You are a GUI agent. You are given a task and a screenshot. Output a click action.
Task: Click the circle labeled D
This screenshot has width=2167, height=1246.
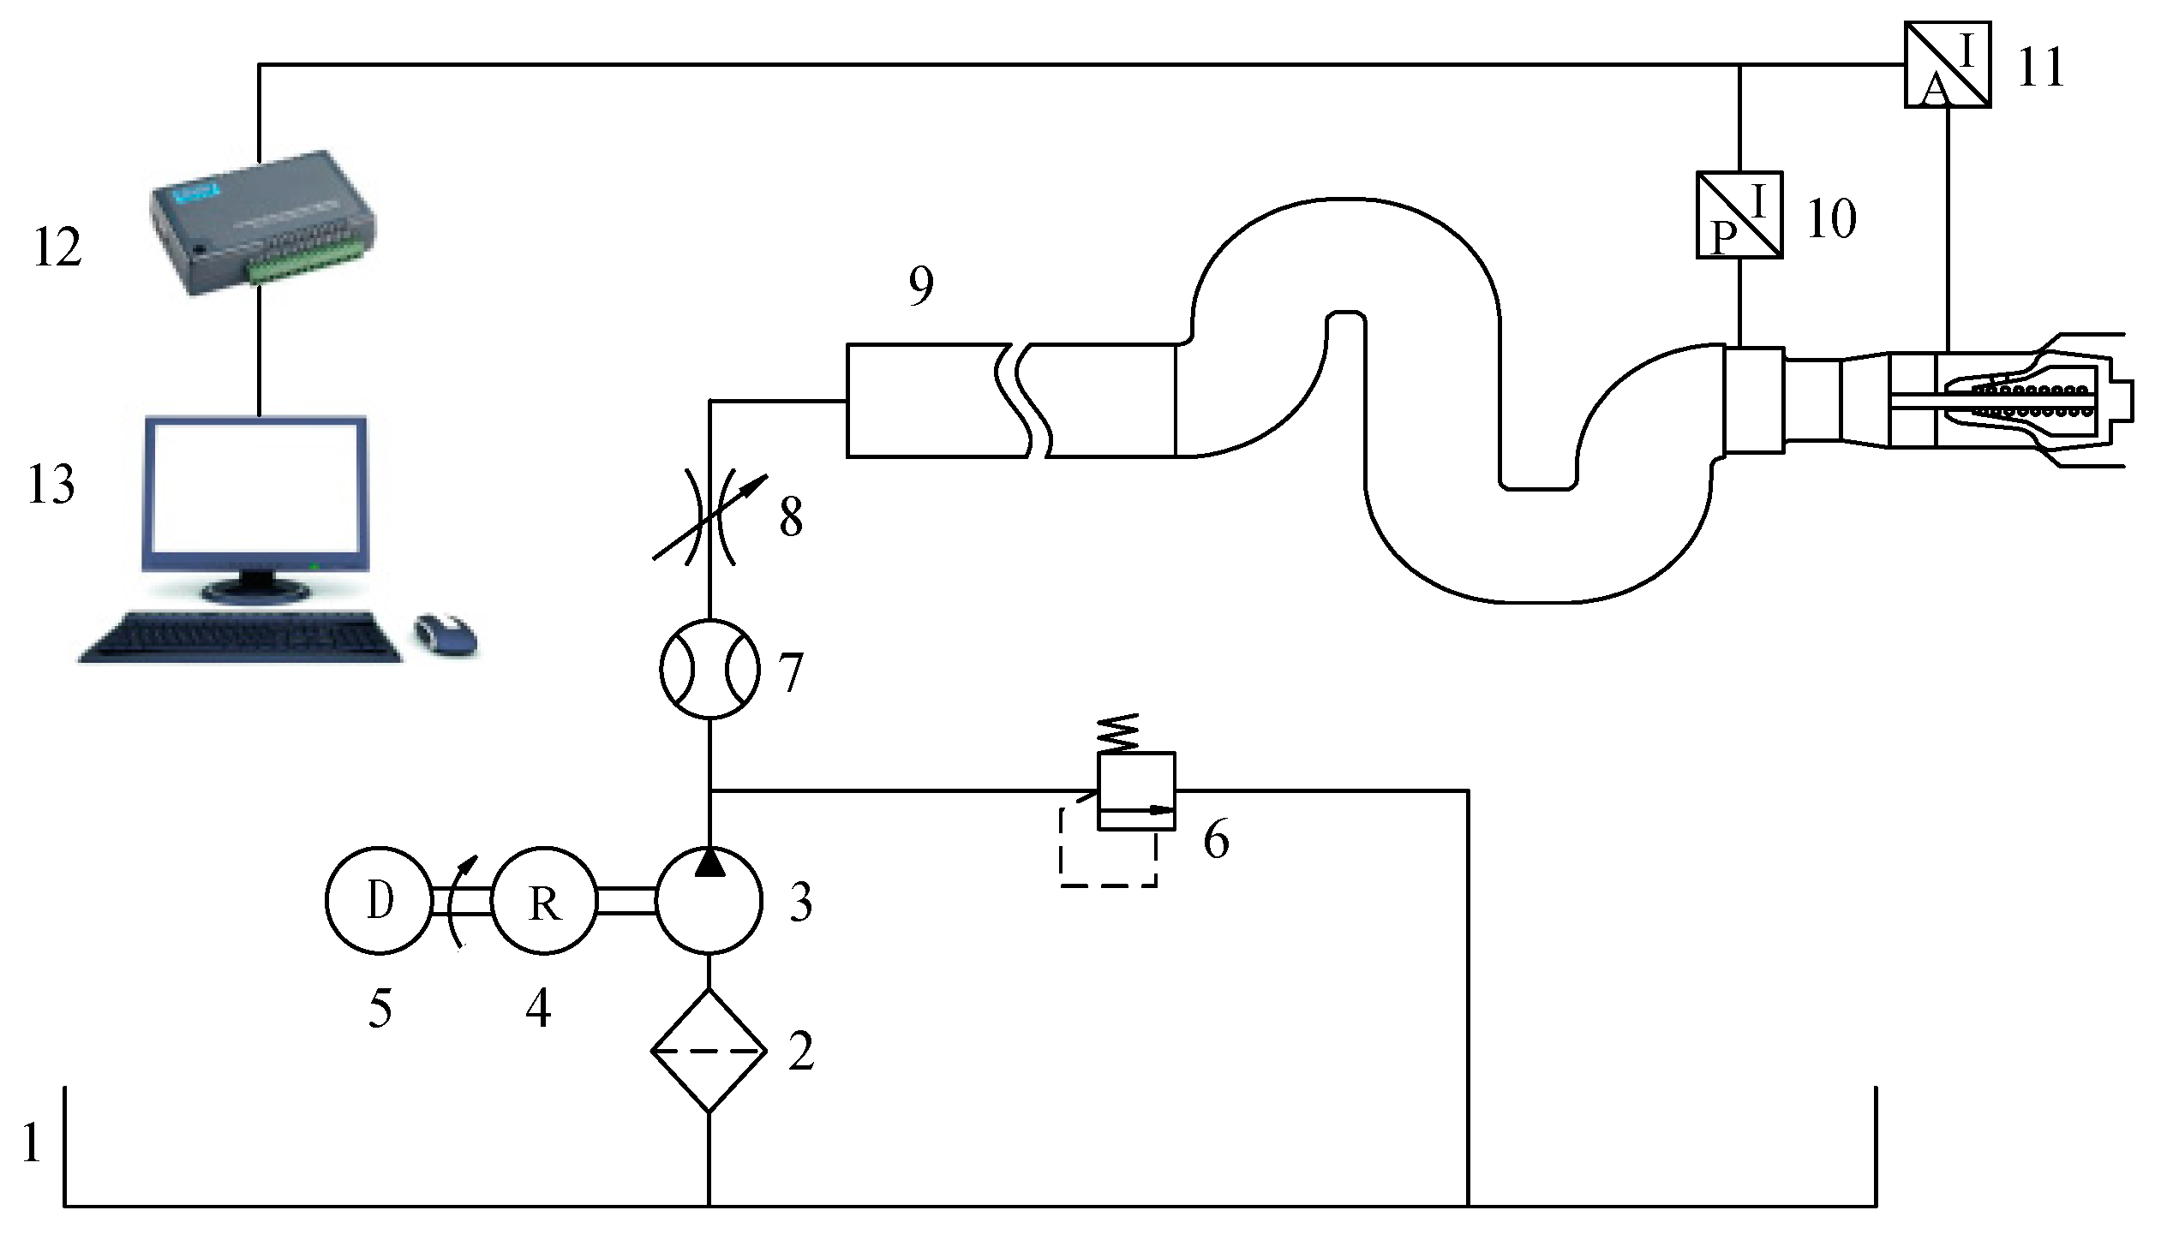point(379,900)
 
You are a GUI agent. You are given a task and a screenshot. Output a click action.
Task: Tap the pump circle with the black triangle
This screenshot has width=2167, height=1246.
point(709,900)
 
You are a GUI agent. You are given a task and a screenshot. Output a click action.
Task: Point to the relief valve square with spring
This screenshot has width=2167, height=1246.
point(1136,790)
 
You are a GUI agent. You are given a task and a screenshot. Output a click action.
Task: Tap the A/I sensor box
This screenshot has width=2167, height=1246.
point(1948,64)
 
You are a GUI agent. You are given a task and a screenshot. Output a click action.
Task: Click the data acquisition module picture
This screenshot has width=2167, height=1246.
point(262,221)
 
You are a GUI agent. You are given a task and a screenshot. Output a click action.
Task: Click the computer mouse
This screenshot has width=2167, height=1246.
point(446,635)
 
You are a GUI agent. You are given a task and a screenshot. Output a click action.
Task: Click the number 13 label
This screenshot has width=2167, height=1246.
point(51,485)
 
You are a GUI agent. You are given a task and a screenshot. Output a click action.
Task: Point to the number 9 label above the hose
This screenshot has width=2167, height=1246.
point(920,286)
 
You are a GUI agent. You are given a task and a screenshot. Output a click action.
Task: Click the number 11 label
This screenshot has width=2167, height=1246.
point(2040,66)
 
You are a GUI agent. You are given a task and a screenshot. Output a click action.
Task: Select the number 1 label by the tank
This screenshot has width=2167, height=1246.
point(32,1142)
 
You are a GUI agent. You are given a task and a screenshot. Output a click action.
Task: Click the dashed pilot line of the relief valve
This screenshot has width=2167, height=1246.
point(1108,884)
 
